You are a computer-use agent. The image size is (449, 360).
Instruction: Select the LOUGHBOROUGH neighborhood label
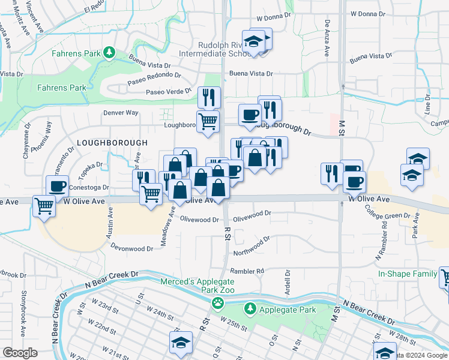point(112,143)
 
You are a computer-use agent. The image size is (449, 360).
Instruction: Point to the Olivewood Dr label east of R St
point(252,213)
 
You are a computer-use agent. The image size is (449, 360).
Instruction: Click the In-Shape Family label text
point(407,274)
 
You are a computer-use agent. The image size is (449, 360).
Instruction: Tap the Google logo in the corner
point(20,352)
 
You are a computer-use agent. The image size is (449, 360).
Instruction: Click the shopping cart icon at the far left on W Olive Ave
point(45,206)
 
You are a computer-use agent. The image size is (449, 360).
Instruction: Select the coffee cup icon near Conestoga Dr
point(58,186)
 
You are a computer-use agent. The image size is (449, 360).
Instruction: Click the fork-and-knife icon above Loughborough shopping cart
point(209,96)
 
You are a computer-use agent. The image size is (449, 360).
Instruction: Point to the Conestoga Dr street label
point(88,187)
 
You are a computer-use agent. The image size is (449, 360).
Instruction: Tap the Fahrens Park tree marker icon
point(109,52)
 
